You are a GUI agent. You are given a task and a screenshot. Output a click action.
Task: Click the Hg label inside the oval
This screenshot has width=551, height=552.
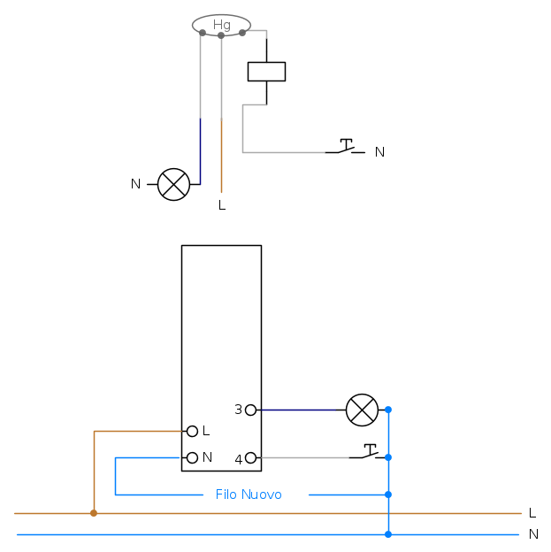point(221,25)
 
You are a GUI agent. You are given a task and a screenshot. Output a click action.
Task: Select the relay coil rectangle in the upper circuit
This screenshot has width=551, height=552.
point(266,71)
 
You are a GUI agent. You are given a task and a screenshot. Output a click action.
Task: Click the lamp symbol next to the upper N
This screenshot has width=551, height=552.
point(174,184)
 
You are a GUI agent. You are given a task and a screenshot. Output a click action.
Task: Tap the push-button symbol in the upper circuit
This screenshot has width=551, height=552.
point(345,147)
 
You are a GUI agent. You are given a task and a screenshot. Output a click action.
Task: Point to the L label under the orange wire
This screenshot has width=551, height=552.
point(222,205)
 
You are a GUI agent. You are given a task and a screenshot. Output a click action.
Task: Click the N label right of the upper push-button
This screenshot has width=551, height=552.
point(379,152)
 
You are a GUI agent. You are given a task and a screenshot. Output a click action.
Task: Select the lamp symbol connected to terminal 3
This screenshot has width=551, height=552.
point(361,410)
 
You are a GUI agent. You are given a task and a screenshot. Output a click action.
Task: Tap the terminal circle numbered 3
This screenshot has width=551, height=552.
point(251,410)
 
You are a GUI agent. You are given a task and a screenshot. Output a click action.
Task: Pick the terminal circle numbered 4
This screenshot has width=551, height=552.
point(251,457)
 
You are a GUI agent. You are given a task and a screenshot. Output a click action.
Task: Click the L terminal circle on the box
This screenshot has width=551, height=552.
point(192,431)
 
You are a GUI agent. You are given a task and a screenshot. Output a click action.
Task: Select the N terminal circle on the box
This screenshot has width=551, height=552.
point(192,457)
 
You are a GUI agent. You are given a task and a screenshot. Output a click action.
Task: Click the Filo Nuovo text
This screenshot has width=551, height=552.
point(249,494)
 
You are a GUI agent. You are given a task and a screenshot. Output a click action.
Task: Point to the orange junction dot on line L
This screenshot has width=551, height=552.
point(94,513)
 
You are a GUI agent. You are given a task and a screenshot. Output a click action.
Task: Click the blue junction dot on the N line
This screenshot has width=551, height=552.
point(388,534)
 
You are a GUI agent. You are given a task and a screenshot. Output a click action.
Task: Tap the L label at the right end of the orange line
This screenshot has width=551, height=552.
point(532,513)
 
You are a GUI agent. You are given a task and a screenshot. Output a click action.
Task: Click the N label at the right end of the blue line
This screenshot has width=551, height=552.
point(533,534)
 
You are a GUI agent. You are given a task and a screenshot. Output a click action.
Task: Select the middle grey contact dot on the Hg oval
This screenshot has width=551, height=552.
point(221,35)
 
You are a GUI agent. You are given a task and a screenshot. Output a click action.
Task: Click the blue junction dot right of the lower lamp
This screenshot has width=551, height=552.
point(388,410)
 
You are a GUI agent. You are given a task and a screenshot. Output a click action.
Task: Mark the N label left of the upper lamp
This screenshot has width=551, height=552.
point(135,184)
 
